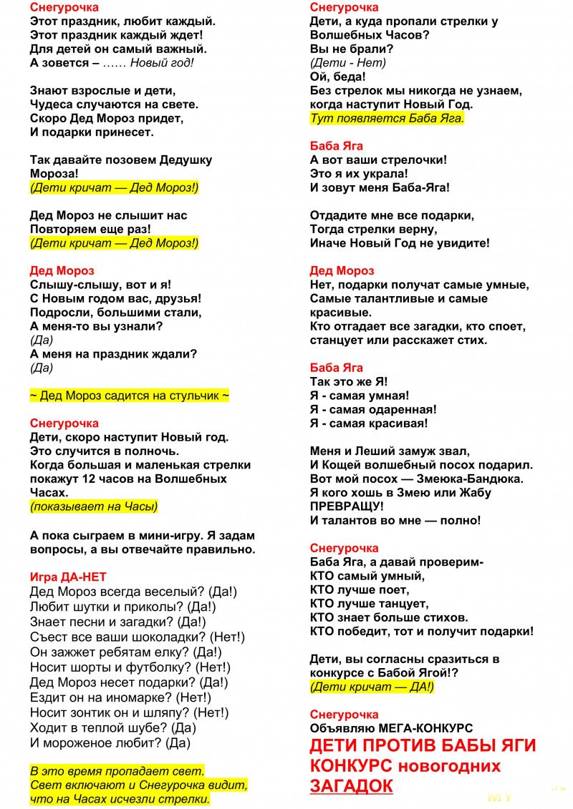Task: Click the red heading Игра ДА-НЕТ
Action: point(68,577)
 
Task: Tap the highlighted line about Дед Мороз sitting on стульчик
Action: point(129,396)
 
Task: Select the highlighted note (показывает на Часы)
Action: point(93,506)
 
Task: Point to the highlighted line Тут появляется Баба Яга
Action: point(387,118)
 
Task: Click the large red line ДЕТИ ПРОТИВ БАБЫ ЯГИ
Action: point(423,745)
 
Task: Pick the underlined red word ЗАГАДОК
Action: point(351,785)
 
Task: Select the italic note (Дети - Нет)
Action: point(347,63)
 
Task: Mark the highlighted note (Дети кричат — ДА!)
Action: point(372,687)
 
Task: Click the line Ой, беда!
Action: point(337,77)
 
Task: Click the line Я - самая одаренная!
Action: point(373,409)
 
